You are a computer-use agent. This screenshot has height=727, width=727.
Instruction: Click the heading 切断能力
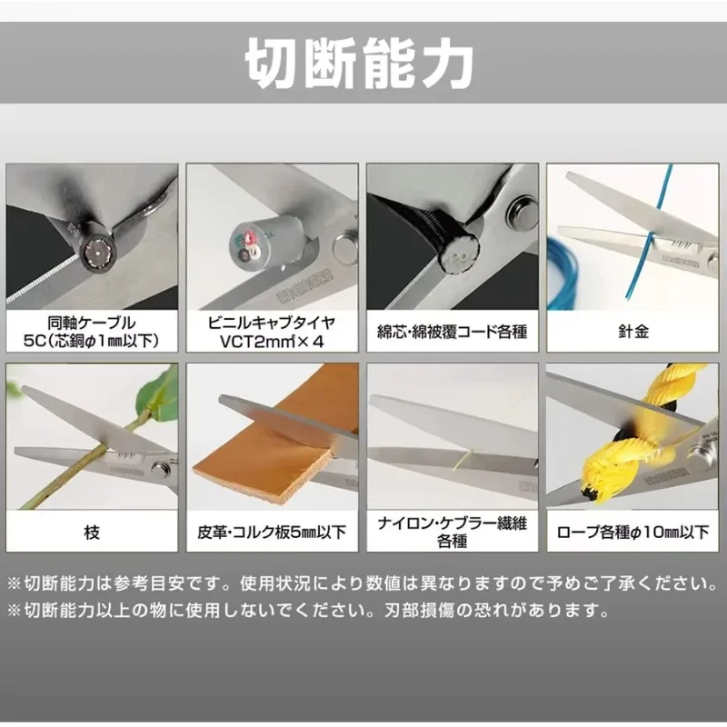pyautogui.click(x=359, y=63)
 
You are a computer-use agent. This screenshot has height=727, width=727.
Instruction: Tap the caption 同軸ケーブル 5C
pyautogui.click(x=92, y=332)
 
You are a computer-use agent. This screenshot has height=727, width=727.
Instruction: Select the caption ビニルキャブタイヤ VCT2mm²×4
pyautogui.click(x=272, y=332)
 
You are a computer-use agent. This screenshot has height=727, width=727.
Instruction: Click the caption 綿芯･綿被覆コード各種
pyautogui.click(x=452, y=332)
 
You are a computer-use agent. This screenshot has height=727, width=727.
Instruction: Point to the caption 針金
pyautogui.click(x=632, y=332)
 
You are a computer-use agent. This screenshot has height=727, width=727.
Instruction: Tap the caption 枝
pyautogui.click(x=92, y=532)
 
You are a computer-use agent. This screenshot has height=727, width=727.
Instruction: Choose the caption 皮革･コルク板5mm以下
pyautogui.click(x=272, y=532)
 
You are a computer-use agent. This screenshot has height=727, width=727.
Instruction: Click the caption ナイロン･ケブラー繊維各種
pyautogui.click(x=452, y=532)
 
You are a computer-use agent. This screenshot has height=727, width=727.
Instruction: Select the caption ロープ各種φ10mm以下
pyautogui.click(x=632, y=532)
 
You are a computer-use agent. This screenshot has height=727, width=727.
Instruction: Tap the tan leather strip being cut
pyautogui.click(x=274, y=445)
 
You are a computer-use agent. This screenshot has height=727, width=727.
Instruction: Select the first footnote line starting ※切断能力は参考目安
pyautogui.click(x=362, y=583)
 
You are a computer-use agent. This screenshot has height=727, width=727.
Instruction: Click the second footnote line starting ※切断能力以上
pyautogui.click(x=308, y=610)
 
